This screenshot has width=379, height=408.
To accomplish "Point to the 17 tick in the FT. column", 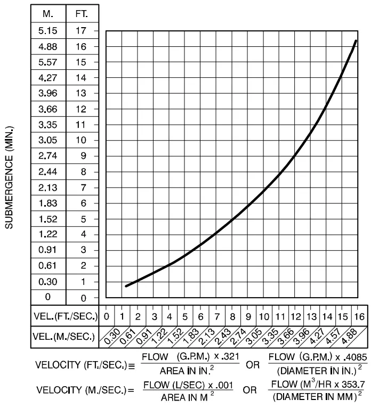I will coord(81,30).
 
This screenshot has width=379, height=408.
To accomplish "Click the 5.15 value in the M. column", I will coord(48,30).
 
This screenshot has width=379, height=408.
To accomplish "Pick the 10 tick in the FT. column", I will coord(81,141).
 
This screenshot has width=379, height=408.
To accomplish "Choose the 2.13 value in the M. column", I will coord(48,187).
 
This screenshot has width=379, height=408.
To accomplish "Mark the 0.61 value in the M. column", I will coord(48,266).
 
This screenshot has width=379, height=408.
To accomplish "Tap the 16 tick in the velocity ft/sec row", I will coord(359,316).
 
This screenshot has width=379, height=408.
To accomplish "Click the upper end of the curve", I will coord(356,40).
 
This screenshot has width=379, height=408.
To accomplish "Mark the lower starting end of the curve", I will coord(126,286).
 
